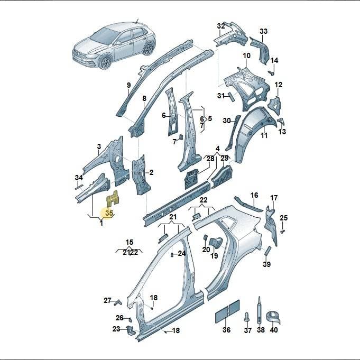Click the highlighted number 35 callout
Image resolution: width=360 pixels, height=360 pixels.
click(x=109, y=213)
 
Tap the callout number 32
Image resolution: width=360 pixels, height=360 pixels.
click(x=220, y=26)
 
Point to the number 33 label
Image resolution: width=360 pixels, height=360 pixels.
click(x=264, y=31)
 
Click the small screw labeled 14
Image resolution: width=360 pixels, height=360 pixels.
click(x=271, y=73)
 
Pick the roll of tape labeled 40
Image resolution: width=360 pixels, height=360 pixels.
click(x=273, y=318)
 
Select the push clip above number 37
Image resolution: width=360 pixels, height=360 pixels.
click(x=247, y=317)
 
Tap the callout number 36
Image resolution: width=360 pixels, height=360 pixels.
click(x=226, y=330)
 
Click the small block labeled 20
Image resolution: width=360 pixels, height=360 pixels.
click(x=206, y=238)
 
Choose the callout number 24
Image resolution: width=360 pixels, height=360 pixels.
click(x=182, y=253)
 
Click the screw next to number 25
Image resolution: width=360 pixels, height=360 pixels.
click(x=283, y=232)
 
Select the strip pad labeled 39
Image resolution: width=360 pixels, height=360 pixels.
click(x=267, y=251)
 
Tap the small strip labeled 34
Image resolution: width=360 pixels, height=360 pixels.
click(x=79, y=187)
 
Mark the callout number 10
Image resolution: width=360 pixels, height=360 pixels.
click(x=246, y=56)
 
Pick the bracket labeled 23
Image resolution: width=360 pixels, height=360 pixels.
click(x=131, y=330)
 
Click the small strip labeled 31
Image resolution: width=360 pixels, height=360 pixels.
click(x=230, y=97)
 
